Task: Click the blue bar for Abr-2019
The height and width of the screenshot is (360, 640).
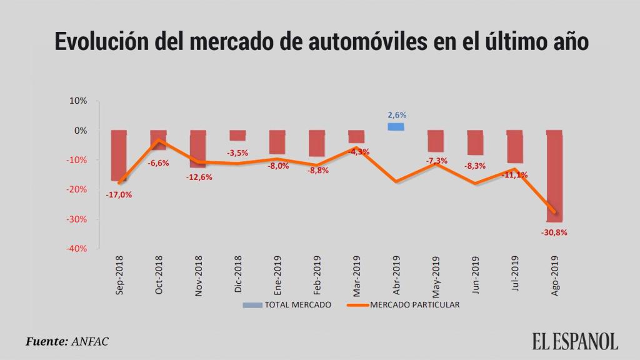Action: tap(396, 126)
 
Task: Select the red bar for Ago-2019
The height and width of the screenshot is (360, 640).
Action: tap(554, 176)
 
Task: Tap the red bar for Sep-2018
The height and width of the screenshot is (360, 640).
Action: tap(119, 155)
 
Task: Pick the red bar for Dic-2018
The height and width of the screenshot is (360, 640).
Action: tap(237, 136)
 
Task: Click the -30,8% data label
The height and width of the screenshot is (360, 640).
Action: tap(554, 232)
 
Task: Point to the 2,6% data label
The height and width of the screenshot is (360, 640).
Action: tap(397, 115)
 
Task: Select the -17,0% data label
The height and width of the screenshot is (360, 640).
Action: tap(118, 194)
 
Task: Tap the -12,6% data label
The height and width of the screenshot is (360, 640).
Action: tap(198, 177)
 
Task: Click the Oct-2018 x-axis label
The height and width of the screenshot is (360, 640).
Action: tap(159, 275)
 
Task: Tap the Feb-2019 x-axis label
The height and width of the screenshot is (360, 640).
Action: tap(317, 275)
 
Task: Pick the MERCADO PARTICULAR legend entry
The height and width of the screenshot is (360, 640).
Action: tap(414, 305)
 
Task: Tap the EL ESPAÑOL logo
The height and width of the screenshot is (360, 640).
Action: tap(575, 341)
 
